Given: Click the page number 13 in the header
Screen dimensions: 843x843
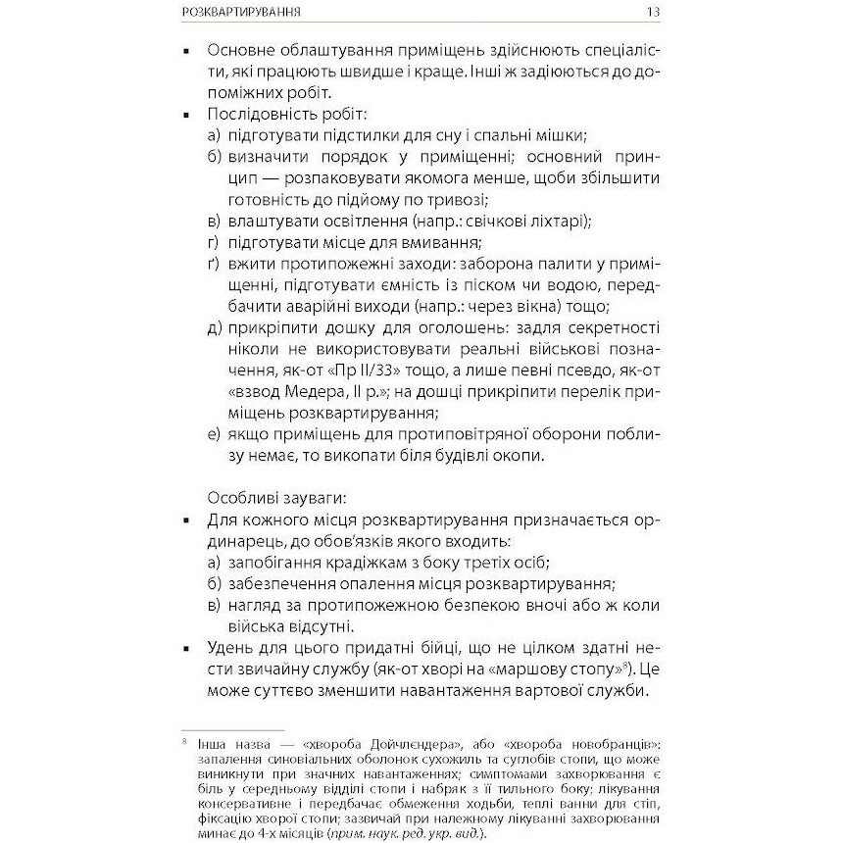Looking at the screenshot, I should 653,14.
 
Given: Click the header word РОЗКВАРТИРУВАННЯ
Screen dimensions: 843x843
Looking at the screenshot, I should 242,14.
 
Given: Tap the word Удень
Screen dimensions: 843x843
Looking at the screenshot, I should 234,649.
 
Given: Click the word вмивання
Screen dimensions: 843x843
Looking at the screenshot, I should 443,242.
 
